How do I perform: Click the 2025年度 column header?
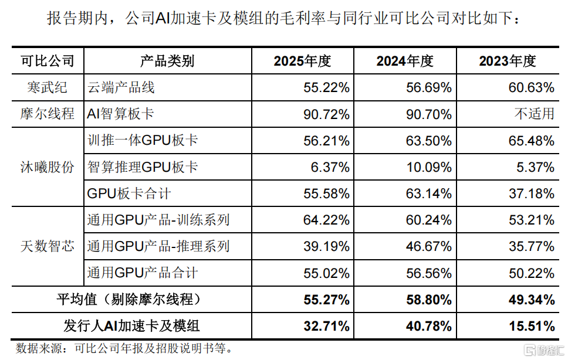302,61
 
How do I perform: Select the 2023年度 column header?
508,61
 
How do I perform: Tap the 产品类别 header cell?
167,61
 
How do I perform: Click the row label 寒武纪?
47,87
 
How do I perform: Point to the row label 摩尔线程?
47,114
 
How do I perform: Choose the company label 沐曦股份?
47,167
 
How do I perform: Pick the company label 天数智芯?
47,246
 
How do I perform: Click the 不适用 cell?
535,114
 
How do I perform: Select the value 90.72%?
326,114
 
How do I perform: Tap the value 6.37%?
330,168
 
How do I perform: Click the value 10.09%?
429,168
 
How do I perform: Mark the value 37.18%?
532,193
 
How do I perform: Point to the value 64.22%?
326,220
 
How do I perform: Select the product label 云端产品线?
121,87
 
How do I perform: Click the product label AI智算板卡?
121,114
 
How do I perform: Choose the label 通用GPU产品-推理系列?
158,246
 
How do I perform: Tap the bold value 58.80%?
429,300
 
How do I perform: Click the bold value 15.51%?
532,326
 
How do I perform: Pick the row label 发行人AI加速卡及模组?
131,325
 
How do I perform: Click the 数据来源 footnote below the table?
124,348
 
